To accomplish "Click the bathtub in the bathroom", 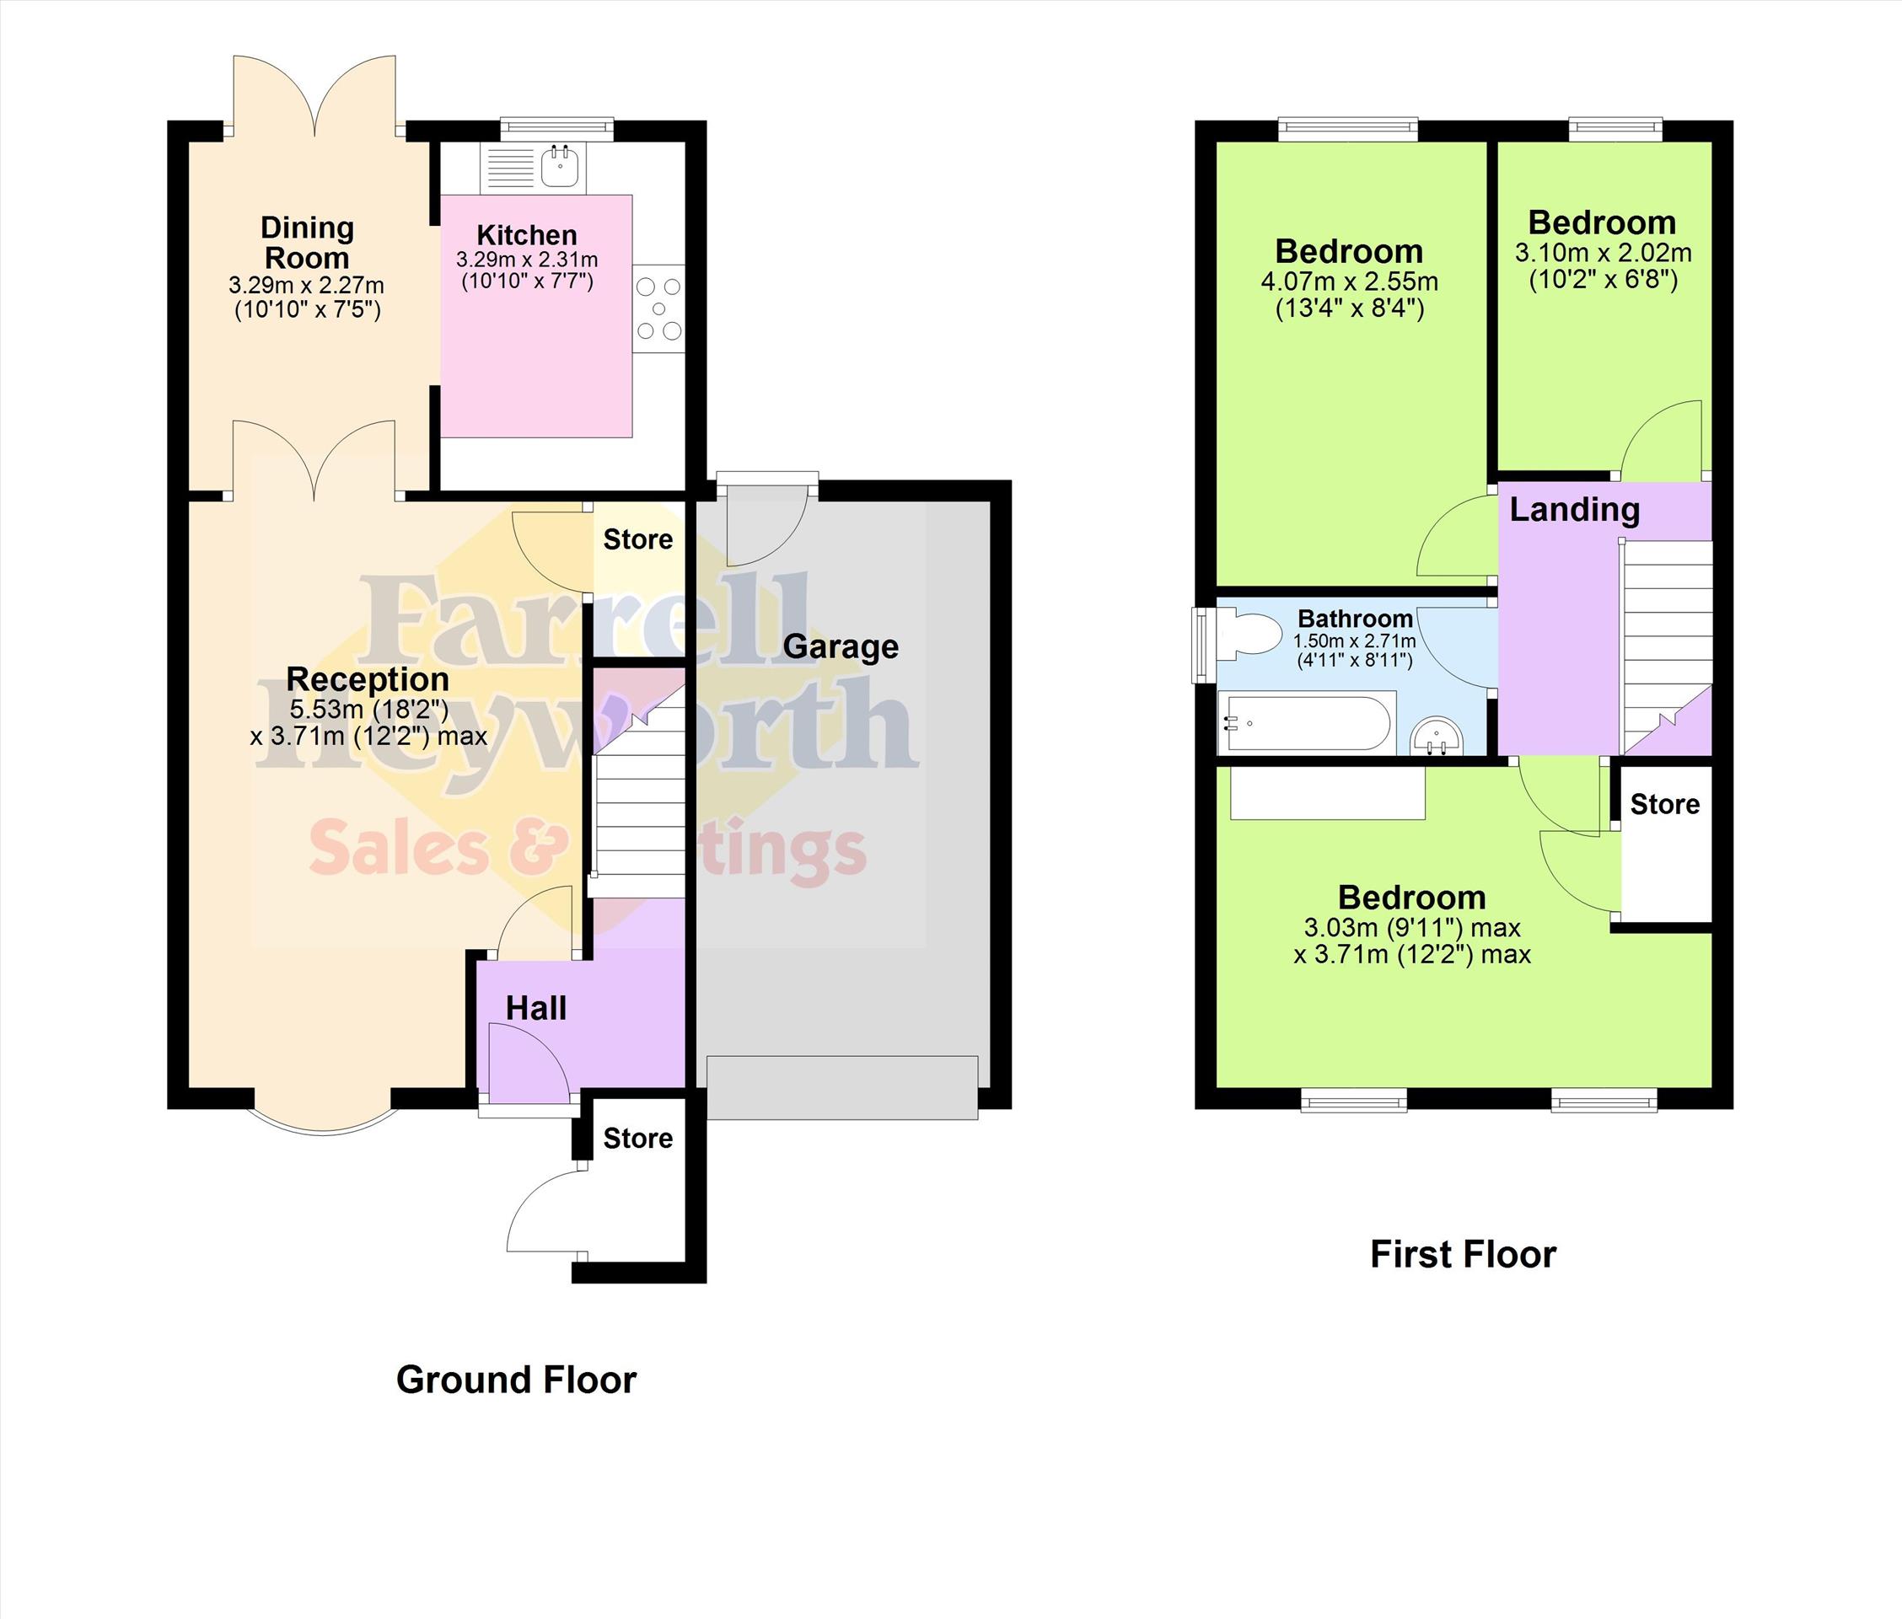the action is coord(1306,724).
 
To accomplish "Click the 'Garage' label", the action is coord(840,648).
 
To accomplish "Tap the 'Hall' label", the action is coord(536,1009).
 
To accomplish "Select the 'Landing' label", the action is coord(1574,509).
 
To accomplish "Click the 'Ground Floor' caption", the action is coord(516,1380).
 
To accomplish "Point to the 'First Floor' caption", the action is coord(1464,1254).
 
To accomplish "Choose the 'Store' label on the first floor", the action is coord(1664,804).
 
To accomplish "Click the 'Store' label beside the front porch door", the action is coord(638,1138).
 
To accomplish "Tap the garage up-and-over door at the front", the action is coord(841,1087).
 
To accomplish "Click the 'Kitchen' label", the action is coord(527,235).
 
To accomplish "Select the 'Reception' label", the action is coord(368,679).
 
